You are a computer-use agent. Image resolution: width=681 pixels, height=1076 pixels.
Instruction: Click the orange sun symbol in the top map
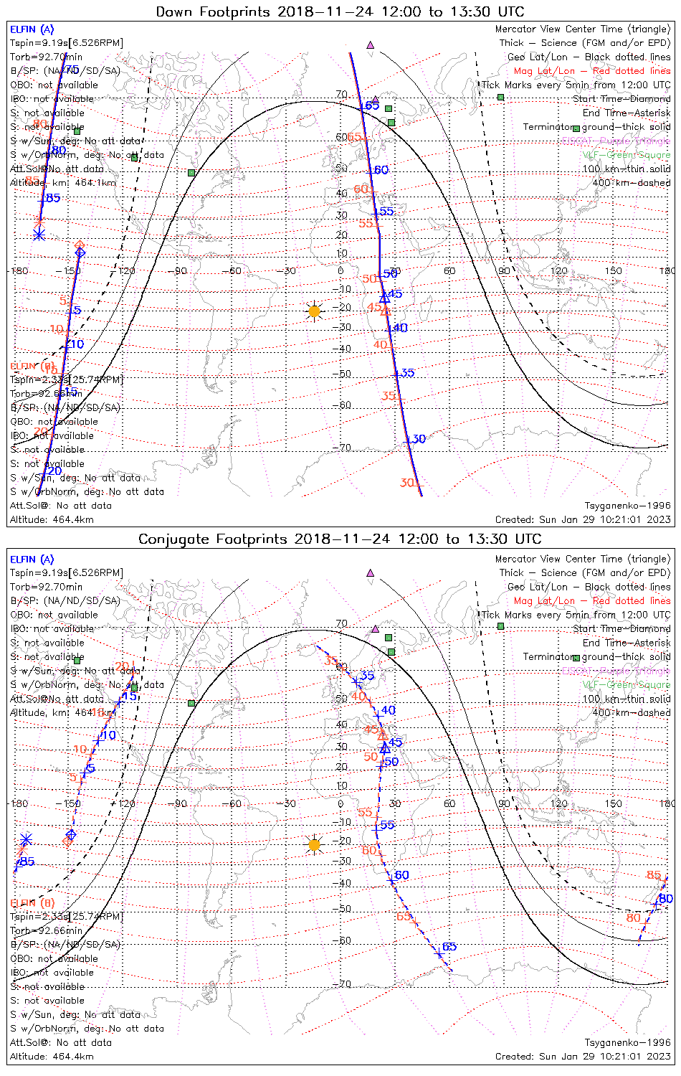pos(314,311)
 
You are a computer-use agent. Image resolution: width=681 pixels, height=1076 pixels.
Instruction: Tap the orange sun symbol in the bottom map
pos(314,845)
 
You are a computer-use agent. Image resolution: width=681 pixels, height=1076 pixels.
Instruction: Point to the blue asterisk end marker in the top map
pos(39,234)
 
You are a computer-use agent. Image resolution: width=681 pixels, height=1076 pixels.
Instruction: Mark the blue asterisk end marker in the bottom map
pos(26,839)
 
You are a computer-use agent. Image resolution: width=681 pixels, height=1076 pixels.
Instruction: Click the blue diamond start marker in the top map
pos(80,253)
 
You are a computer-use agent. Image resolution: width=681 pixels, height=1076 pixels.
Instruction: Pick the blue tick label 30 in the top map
pos(419,439)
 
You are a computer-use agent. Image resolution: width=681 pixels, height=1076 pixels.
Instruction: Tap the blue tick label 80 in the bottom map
pos(665,899)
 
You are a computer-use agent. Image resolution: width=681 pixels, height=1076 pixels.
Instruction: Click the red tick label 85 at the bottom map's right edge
pos(653,875)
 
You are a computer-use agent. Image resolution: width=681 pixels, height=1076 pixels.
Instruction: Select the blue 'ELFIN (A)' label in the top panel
pos(32,29)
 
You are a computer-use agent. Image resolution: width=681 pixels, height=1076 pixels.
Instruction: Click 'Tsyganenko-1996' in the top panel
pos(627,506)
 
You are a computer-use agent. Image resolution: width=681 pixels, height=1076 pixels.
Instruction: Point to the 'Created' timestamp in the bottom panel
pos(583,1057)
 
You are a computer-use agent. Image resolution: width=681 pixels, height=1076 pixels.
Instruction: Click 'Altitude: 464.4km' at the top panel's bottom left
pos(52,520)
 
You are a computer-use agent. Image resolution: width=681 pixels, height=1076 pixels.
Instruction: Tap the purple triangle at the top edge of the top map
pos(370,44)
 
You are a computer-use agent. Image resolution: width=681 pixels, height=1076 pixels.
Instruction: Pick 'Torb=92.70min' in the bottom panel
pos(46,587)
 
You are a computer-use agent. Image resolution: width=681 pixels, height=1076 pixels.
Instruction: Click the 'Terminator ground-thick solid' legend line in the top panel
pos(596,127)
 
